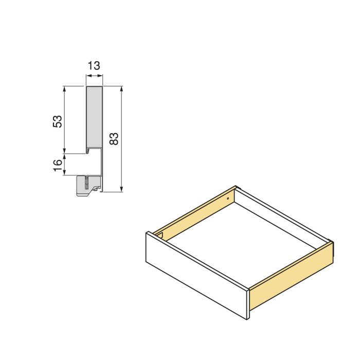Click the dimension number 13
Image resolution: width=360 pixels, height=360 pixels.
pyautogui.click(x=94, y=66)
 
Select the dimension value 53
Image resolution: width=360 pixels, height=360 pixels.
pyautogui.click(x=58, y=121)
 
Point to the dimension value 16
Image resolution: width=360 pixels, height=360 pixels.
pyautogui.click(x=58, y=165)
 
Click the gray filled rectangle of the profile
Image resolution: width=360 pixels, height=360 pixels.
pyautogui.click(x=94, y=117)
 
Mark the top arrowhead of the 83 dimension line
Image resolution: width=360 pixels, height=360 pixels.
pyautogui.click(x=121, y=89)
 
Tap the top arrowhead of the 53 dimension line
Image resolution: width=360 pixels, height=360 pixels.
pyautogui.click(x=64, y=89)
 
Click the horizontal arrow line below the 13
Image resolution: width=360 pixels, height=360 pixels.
pyautogui.click(x=94, y=76)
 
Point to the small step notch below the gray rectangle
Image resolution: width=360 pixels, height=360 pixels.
pyautogui.click(x=91, y=151)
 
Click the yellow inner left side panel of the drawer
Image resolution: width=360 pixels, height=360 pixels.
pyautogui.click(x=195, y=213)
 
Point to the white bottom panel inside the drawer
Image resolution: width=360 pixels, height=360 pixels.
pyautogui.click(x=242, y=242)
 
